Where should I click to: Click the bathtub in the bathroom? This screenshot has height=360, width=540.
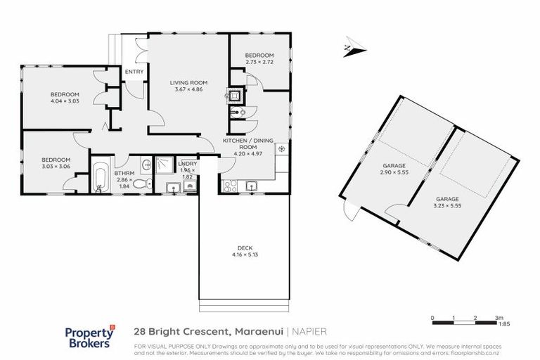tap(101, 179)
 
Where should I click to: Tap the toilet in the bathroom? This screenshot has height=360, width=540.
tap(143, 184)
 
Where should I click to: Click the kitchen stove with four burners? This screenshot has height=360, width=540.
tap(230, 186)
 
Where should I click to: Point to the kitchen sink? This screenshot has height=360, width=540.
tap(251, 186)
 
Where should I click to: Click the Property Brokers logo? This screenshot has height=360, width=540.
tap(89, 337)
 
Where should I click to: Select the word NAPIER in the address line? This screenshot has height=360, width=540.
tap(309, 330)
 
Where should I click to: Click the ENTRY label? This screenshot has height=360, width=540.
tap(134, 72)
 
